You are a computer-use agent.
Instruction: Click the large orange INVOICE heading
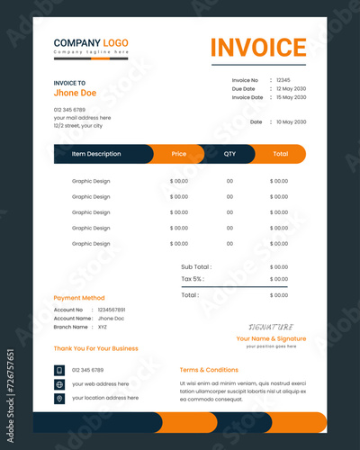(258, 48)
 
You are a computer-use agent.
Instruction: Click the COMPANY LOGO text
(91, 42)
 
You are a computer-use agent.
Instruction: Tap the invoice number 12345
(283, 80)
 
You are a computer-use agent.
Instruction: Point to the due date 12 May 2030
(292, 88)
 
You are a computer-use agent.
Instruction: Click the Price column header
(179, 154)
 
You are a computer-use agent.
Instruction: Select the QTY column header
(229, 154)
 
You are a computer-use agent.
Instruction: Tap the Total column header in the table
(280, 154)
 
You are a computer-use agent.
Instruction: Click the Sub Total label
(196, 266)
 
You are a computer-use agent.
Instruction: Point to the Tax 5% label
(193, 279)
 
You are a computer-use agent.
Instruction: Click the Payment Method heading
(79, 298)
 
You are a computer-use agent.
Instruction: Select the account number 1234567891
(111, 310)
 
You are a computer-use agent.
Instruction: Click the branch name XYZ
(102, 327)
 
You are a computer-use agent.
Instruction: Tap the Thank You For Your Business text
(95, 348)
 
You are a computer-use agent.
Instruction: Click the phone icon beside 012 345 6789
(59, 370)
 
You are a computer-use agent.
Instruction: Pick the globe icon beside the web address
(59, 384)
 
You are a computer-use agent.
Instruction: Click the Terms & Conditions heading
(209, 370)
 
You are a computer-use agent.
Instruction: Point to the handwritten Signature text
(270, 327)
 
